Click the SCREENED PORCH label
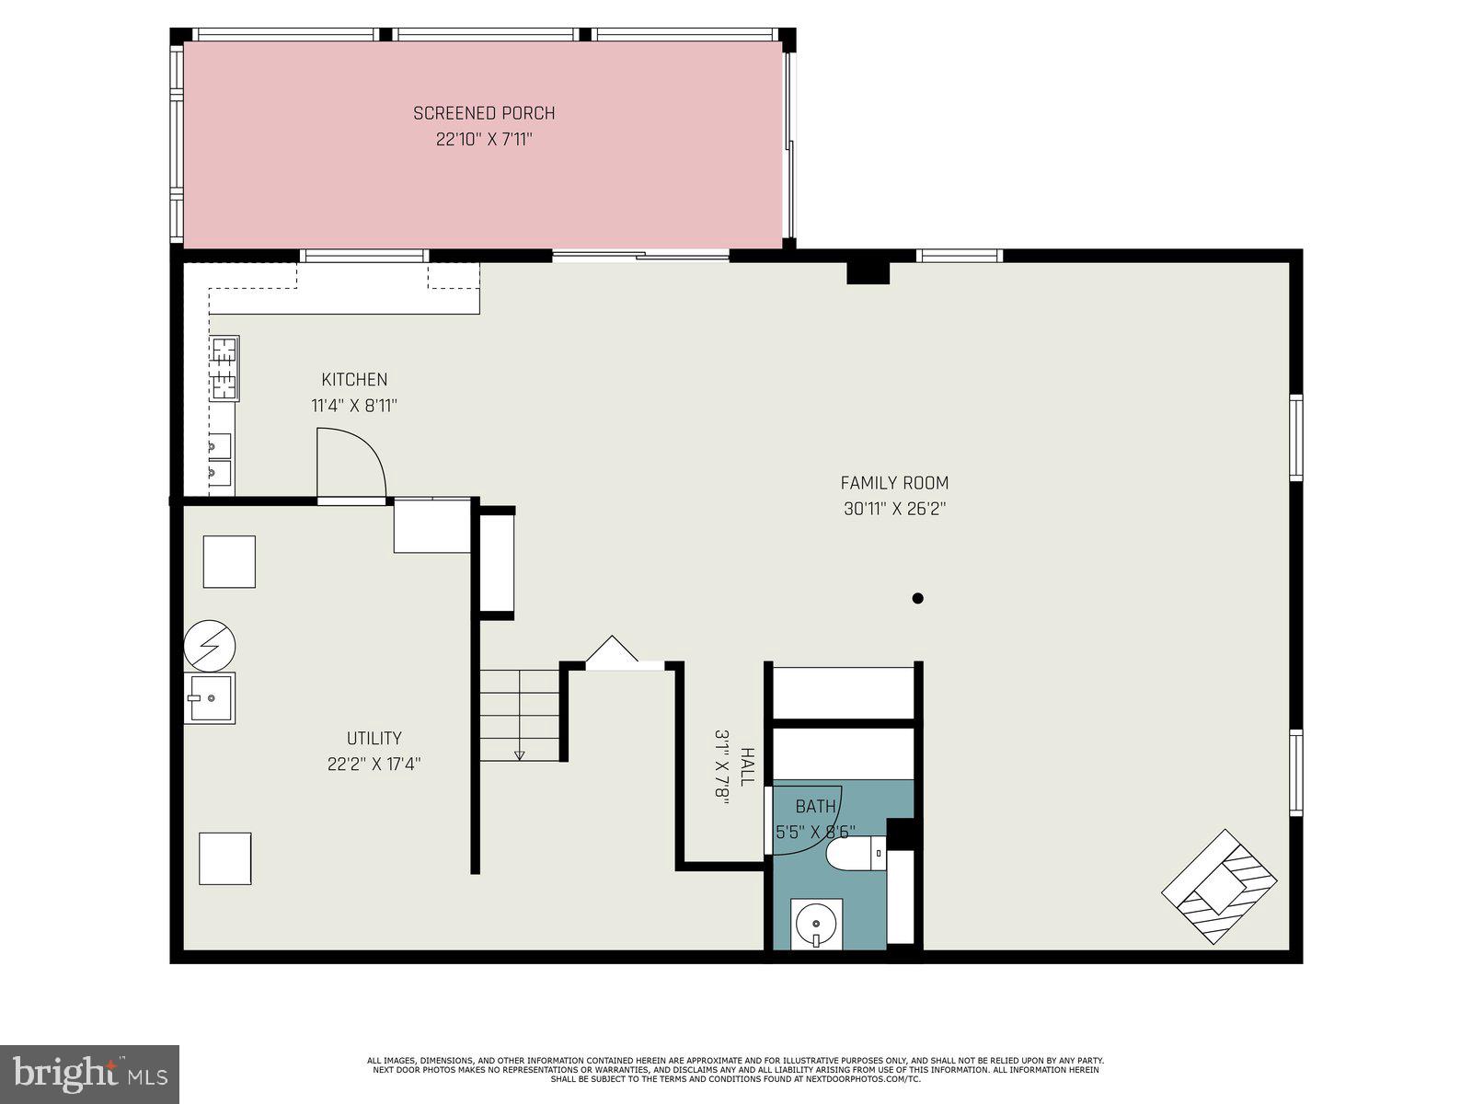click(484, 113)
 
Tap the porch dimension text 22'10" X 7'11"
click(484, 140)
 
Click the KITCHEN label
click(354, 379)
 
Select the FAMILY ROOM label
click(894, 482)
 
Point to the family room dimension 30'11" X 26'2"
click(894, 508)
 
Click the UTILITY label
click(374, 738)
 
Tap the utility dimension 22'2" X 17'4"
click(374, 764)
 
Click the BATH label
click(815, 807)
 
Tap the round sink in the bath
click(816, 923)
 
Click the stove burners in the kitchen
click(224, 369)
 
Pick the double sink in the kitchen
click(219, 460)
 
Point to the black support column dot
click(917, 598)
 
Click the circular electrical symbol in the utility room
click(210, 645)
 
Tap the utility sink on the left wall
click(209, 698)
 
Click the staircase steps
click(520, 714)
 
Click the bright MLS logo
click(89, 1073)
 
